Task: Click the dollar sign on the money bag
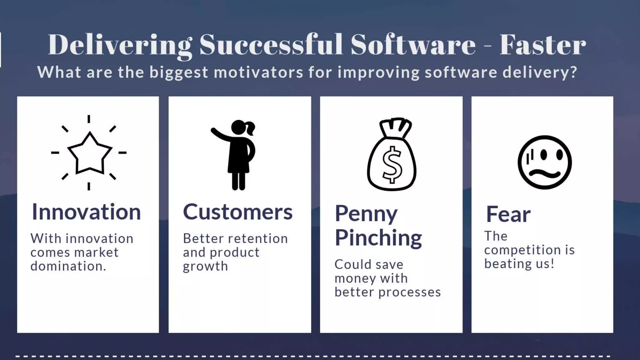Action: (x=392, y=164)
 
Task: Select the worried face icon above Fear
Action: (x=544, y=162)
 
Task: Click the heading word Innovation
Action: (x=86, y=212)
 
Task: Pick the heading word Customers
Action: (x=237, y=212)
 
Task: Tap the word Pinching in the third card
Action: (x=378, y=238)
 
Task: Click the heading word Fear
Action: (x=508, y=214)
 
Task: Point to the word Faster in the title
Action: (x=542, y=45)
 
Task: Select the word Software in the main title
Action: (x=413, y=45)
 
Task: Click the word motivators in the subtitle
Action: (x=258, y=72)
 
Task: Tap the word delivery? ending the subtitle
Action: (x=540, y=72)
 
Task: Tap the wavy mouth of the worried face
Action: (x=544, y=174)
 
